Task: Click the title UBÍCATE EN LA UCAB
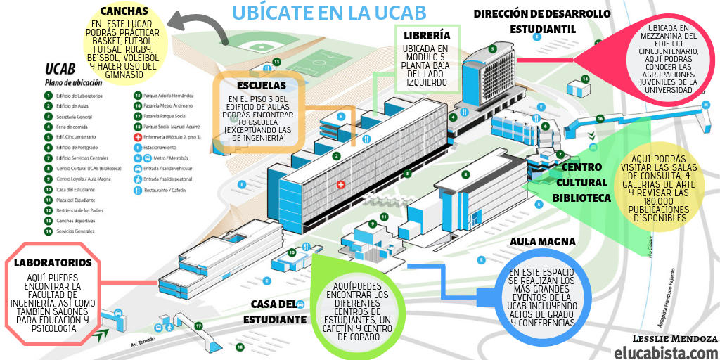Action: coord(328,13)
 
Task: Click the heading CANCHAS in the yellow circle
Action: coord(124,11)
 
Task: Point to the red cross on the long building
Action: coord(341,184)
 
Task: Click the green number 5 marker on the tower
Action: coord(493,49)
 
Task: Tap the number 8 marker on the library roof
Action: coord(465,174)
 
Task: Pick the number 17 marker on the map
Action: coord(199,326)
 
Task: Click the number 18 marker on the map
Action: coord(240,347)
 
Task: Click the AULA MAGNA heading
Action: coord(544,241)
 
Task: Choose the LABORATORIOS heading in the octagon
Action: coord(53,263)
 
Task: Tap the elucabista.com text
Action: coord(665,352)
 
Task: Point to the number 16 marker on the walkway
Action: coord(600,118)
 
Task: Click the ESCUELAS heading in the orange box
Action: coord(261,86)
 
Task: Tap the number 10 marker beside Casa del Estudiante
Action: coord(291,252)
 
